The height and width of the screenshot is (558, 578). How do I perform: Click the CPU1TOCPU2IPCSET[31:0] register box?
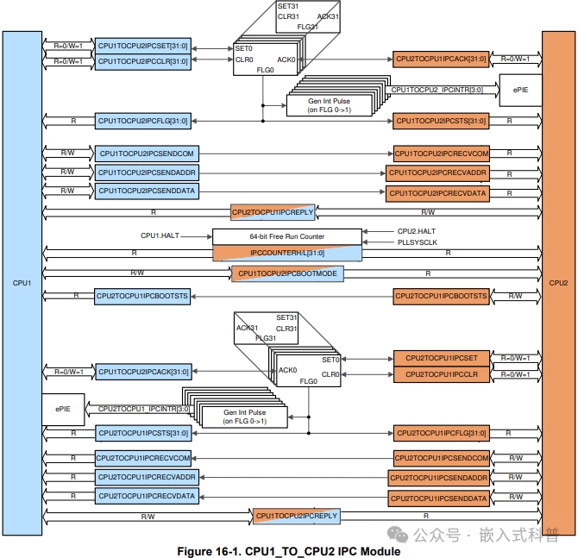[142, 45]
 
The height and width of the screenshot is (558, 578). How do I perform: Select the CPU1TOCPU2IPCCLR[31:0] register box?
[142, 61]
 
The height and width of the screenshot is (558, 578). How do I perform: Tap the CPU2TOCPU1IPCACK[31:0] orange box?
[441, 60]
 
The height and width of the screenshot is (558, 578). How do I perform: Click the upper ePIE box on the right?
[520, 90]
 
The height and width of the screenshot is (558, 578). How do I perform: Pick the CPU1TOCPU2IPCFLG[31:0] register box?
[142, 121]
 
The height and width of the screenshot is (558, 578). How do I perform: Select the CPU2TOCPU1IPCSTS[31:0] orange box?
[441, 121]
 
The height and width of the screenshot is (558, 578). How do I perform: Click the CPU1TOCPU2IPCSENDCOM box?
[148, 154]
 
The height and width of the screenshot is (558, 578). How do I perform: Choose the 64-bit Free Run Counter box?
[286, 235]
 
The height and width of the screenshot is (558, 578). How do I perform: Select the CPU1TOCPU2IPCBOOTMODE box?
[287, 273]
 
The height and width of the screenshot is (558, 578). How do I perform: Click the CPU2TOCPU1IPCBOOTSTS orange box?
[442, 296]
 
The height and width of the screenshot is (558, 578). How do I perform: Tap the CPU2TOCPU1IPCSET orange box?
[441, 358]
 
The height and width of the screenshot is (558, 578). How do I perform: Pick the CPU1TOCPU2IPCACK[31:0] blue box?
[142, 372]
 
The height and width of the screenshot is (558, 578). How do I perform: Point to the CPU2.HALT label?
[417, 231]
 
